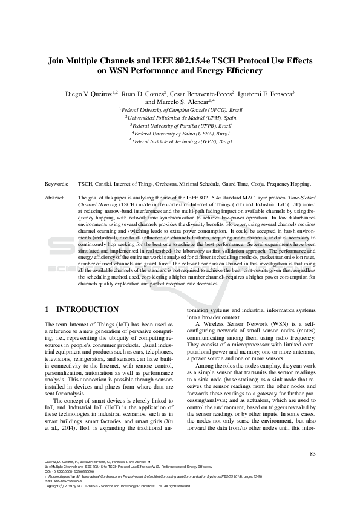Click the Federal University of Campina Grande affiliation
(180, 111)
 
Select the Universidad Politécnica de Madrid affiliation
(180, 118)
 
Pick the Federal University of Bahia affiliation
(180, 132)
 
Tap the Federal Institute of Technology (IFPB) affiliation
(180, 140)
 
